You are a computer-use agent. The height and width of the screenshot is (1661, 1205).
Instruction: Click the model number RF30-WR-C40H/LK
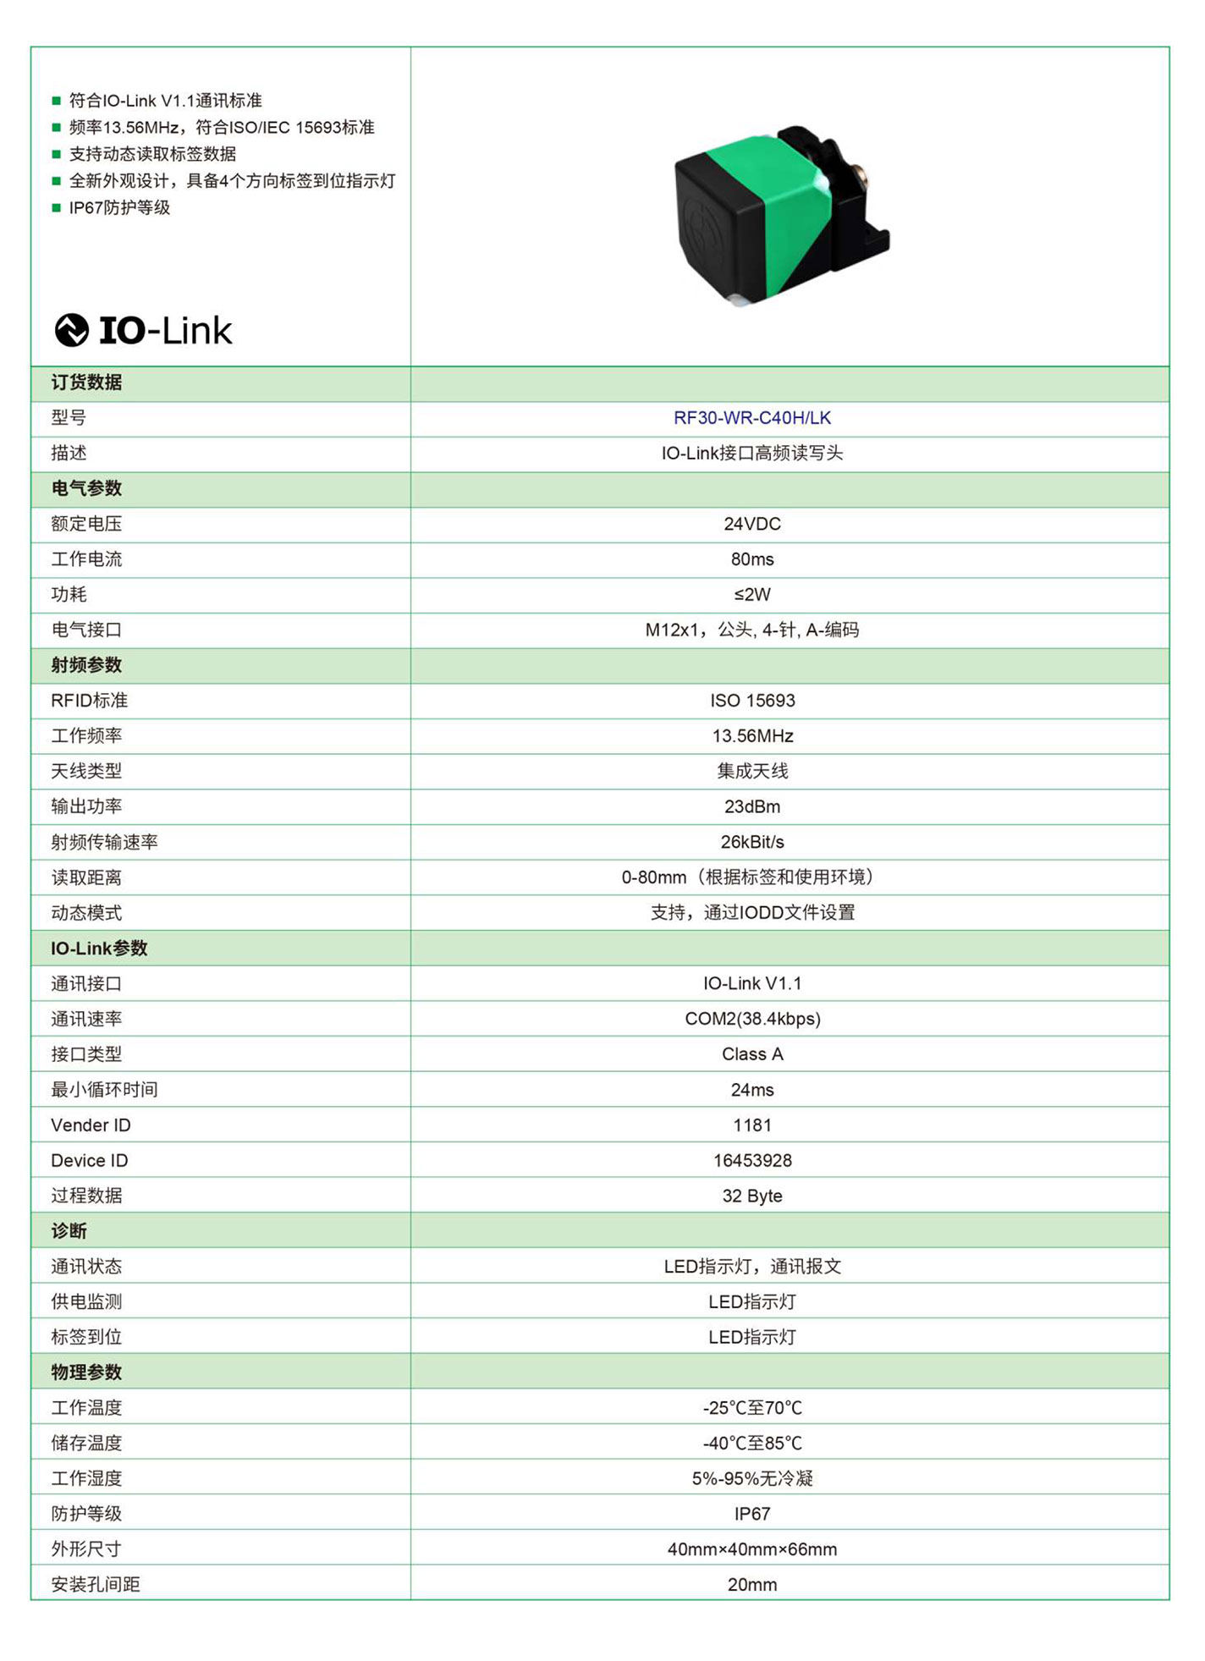[751, 418]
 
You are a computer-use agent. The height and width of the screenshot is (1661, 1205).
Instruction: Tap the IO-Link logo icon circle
[72, 330]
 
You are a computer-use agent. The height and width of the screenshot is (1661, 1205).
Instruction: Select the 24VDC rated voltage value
[751, 524]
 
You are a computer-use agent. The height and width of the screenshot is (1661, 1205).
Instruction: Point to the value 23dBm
[751, 806]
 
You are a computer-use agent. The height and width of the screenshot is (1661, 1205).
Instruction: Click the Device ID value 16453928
[751, 1160]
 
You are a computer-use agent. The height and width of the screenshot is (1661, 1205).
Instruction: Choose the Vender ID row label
[91, 1125]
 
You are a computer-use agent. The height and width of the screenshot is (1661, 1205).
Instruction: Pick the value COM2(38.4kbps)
[751, 1019]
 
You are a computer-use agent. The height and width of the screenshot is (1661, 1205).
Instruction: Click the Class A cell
[751, 1054]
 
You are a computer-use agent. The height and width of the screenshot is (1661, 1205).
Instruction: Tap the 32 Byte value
[751, 1196]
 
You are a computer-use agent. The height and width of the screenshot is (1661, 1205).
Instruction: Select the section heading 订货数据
[86, 382]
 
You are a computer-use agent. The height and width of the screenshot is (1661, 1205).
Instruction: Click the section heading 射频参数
[86, 665]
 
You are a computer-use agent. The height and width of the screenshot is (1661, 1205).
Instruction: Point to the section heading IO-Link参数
[99, 949]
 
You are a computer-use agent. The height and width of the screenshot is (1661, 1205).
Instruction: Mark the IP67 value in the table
[751, 1514]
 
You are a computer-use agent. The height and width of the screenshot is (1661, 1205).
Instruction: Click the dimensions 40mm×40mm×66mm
[751, 1549]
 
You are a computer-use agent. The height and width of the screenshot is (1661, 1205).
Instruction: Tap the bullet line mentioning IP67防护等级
[119, 208]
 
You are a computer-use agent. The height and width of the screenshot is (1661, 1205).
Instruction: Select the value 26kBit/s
[751, 842]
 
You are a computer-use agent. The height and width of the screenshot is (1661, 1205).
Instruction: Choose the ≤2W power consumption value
[751, 595]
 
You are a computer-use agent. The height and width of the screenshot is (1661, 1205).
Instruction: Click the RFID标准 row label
[89, 701]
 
